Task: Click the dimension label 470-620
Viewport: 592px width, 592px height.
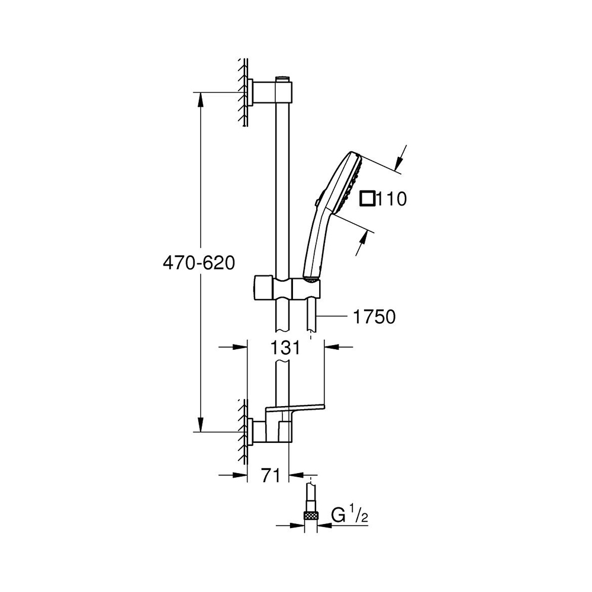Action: pyautogui.click(x=199, y=263)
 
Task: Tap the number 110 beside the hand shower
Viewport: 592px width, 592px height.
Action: pyautogui.click(x=391, y=198)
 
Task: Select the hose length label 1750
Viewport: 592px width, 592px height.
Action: pyautogui.click(x=374, y=317)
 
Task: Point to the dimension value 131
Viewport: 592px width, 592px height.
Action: pyautogui.click(x=285, y=348)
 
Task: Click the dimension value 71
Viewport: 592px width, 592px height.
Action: pyautogui.click(x=271, y=475)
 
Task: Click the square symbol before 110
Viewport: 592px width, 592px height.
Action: pyautogui.click(x=368, y=199)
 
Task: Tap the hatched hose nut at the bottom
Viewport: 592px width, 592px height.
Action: pyautogui.click(x=310, y=516)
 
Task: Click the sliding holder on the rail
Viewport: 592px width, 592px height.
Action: pyautogui.click(x=287, y=287)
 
